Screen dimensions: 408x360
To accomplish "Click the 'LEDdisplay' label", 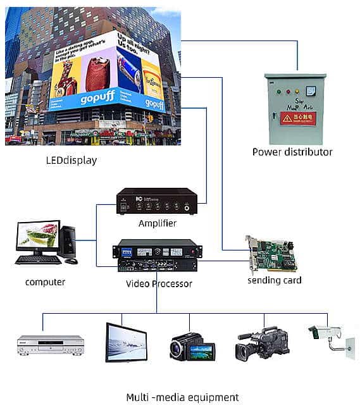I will pos(71,160).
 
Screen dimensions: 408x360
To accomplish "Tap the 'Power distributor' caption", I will pos(292,152).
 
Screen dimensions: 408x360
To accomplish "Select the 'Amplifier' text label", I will pos(157,223).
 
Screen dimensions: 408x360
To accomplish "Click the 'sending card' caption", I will pos(274,280).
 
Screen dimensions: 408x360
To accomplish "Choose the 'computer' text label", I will pos(45,281).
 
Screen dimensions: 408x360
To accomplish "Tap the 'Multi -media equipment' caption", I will pos(182,397).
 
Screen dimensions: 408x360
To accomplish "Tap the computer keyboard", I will pos(38,259).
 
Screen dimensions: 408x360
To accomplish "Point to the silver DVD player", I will pos(50,345).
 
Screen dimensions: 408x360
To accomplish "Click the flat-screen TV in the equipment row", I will pos(126,342).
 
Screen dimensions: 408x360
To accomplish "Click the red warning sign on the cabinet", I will pos(298,118).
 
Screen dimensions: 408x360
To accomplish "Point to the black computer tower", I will pos(68,241).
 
